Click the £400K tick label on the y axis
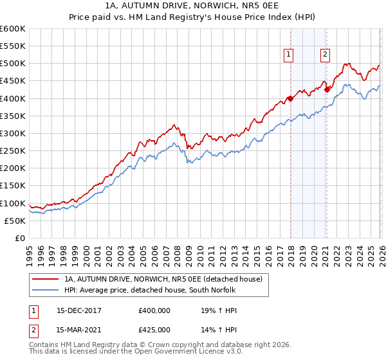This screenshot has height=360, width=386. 13,98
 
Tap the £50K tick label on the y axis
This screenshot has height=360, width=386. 15,221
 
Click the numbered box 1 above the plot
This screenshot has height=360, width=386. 289,55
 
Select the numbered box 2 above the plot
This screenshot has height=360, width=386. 326,55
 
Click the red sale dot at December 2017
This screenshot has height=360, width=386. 289,98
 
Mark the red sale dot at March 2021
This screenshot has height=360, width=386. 327,89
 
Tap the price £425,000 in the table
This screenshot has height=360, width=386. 154,329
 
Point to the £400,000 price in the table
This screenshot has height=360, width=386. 154,310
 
